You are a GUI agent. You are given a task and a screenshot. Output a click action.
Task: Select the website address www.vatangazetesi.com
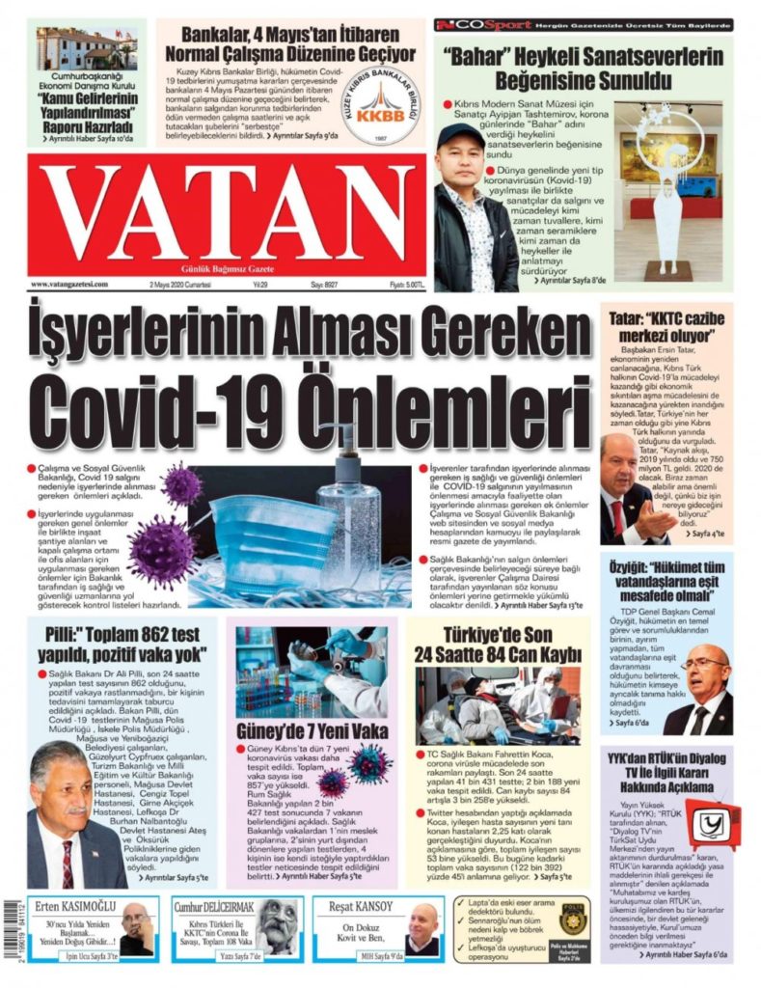(69, 285)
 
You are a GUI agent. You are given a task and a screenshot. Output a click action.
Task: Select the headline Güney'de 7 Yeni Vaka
(312, 730)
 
